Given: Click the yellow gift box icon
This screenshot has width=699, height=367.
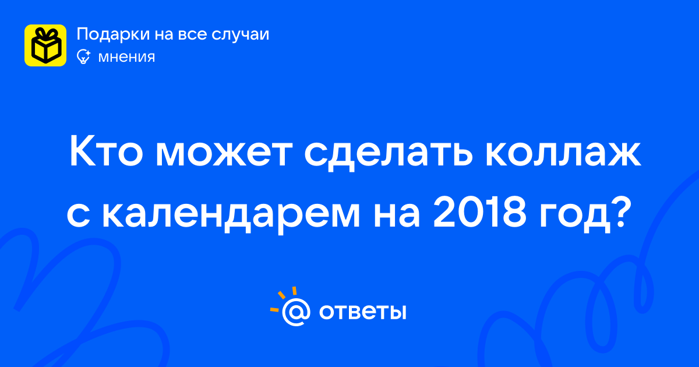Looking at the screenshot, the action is (45, 45).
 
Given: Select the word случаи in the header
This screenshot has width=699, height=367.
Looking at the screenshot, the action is (240, 34).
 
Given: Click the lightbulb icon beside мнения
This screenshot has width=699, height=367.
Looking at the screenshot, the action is (83, 57).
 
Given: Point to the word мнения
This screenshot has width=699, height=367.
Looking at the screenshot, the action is (126, 58).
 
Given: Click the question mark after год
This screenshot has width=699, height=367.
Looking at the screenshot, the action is (617, 212).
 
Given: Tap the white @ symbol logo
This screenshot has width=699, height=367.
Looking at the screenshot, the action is (296, 313).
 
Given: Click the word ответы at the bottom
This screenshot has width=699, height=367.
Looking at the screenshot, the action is (362, 312).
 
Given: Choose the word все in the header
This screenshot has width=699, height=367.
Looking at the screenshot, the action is (192, 35).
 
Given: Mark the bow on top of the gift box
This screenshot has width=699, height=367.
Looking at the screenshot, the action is (45, 34).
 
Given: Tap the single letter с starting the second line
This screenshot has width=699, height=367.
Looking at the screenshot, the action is (78, 216).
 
